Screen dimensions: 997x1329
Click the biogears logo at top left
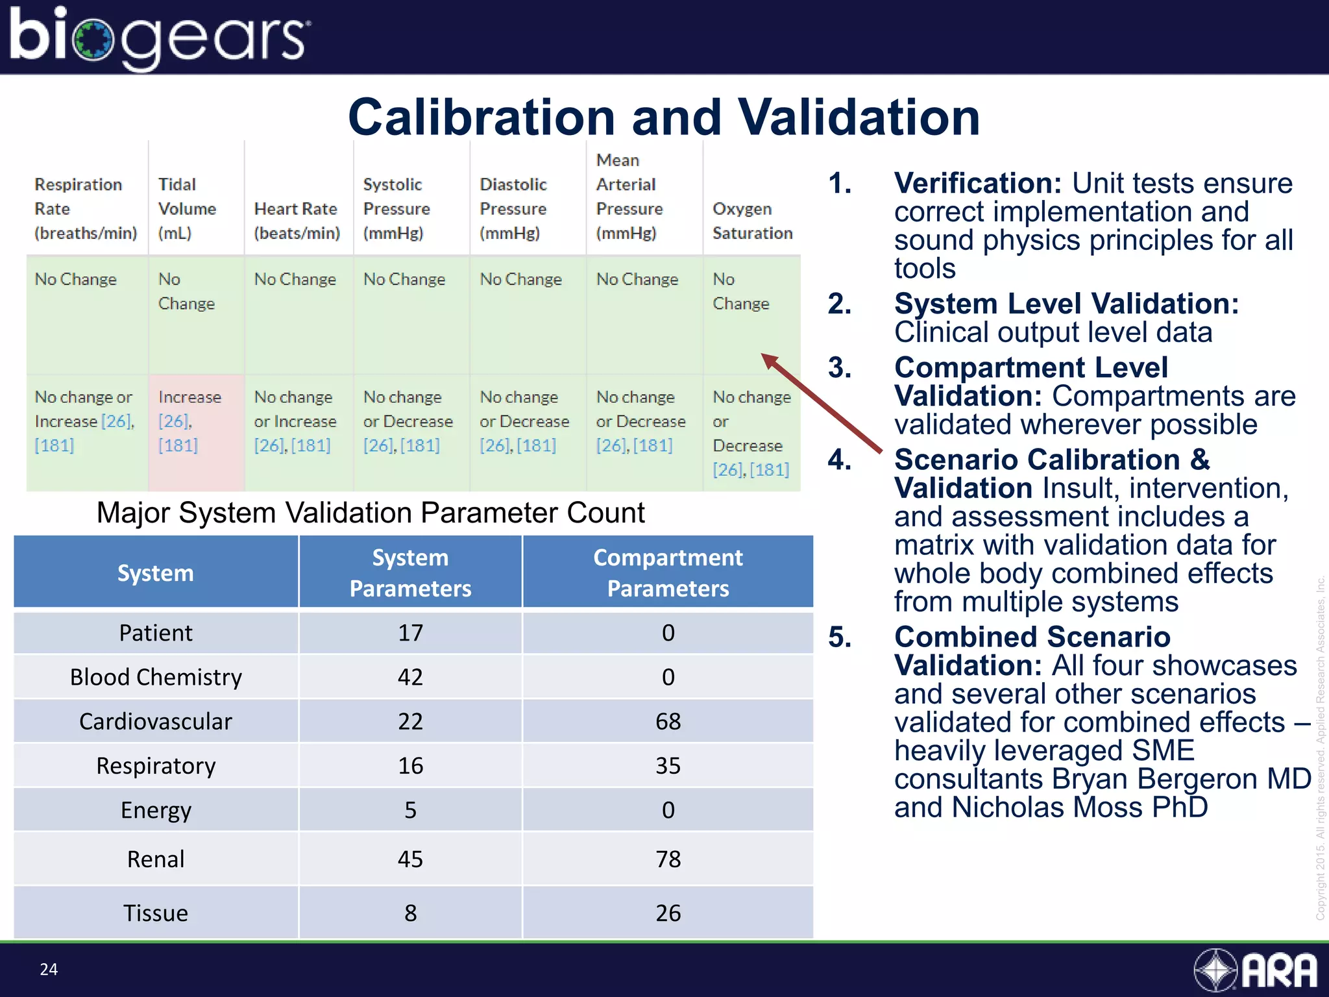tap(159, 37)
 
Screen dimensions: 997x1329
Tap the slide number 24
tap(49, 969)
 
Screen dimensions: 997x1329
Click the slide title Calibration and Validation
tap(663, 117)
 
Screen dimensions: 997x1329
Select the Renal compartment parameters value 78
tap(668, 859)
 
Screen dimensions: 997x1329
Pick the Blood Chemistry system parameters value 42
tap(410, 677)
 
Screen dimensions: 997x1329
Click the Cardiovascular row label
tap(156, 721)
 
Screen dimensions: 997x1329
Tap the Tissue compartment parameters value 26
tap(668, 913)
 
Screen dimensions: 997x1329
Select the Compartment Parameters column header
tap(668, 572)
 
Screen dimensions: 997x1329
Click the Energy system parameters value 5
tap(410, 810)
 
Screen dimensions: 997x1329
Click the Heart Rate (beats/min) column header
tap(297, 221)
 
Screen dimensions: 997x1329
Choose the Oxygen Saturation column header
tap(752, 221)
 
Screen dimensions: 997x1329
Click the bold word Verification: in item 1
tap(977, 184)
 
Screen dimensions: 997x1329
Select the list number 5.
tap(839, 637)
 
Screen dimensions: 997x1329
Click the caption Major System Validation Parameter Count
tap(371, 513)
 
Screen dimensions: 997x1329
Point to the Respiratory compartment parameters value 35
tap(668, 766)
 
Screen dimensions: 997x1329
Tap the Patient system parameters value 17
tap(410, 633)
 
